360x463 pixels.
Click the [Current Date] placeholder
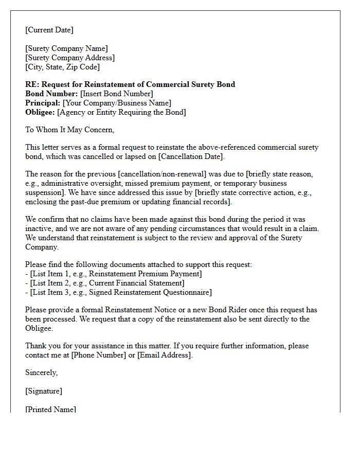(x=49, y=30)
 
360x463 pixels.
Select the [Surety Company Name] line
(x=66, y=48)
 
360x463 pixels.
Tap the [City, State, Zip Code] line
(x=62, y=67)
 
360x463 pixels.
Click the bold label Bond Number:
(x=51, y=94)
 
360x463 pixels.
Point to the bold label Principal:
(x=43, y=103)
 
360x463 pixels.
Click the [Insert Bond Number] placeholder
(x=117, y=94)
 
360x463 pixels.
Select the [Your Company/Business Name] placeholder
(x=117, y=103)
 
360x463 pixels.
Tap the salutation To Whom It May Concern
(x=69, y=130)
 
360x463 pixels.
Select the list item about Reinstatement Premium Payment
(x=114, y=274)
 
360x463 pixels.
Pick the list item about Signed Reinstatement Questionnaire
(x=118, y=292)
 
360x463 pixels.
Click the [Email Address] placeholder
(x=164, y=355)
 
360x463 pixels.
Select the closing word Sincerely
(x=42, y=372)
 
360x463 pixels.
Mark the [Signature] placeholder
(x=44, y=391)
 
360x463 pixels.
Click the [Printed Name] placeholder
(x=50, y=409)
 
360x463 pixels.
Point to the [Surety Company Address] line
(x=70, y=58)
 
